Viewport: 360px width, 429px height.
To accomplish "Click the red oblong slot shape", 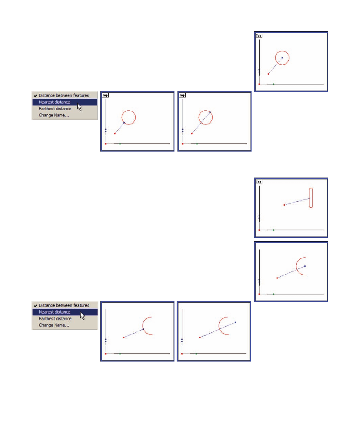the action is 311,198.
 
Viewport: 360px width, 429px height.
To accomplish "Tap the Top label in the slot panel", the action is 258,182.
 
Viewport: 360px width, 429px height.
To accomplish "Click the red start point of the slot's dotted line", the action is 285,205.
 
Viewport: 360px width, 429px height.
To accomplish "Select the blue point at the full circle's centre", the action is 282,58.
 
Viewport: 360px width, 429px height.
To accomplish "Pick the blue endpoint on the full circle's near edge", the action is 124,123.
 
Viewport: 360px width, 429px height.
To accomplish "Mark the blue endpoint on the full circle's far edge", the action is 210,112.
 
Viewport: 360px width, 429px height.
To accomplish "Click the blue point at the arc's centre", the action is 305,266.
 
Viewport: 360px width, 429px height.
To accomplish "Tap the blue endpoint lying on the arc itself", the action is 143,329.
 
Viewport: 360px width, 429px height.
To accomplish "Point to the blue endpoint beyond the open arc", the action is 235,322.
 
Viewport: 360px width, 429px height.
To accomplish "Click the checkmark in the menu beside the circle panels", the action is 35,96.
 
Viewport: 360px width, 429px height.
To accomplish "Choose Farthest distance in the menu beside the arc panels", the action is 55,319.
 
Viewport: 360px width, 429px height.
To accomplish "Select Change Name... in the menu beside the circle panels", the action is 54,115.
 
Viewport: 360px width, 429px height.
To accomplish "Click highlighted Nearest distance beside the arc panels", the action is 54,312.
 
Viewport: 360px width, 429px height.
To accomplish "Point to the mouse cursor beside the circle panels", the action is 79,107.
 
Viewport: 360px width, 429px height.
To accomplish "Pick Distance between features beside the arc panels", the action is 64,305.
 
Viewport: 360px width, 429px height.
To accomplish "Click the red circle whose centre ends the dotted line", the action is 282,51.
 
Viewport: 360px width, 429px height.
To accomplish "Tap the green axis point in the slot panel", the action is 274,230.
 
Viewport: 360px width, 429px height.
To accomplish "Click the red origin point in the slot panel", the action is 259,230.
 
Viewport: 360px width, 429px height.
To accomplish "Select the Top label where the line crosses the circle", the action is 182,95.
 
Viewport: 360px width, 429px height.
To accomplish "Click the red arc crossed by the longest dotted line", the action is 219,326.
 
